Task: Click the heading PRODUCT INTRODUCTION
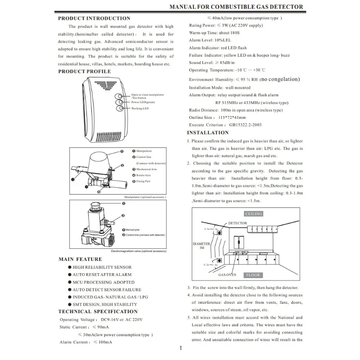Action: tap(94, 18)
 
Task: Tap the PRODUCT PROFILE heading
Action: tap(84, 72)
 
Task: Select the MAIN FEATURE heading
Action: tap(80, 259)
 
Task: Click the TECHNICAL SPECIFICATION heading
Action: tap(98, 311)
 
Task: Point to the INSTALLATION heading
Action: tap(207, 133)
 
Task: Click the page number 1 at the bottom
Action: tap(180, 348)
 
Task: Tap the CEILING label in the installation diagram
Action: tap(253, 214)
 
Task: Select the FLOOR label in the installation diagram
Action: tap(252, 275)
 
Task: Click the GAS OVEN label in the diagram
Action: tap(227, 274)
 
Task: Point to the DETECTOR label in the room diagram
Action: tap(237, 223)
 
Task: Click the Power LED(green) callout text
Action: tap(144, 102)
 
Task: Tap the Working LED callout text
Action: tap(140, 108)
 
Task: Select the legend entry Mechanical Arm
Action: tap(146, 169)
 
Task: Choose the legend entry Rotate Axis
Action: tap(144, 175)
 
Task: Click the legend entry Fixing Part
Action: tap(143, 181)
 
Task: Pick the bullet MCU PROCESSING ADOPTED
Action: tap(103, 282)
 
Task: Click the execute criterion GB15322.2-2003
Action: tap(245, 125)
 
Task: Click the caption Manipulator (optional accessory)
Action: tap(145, 197)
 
